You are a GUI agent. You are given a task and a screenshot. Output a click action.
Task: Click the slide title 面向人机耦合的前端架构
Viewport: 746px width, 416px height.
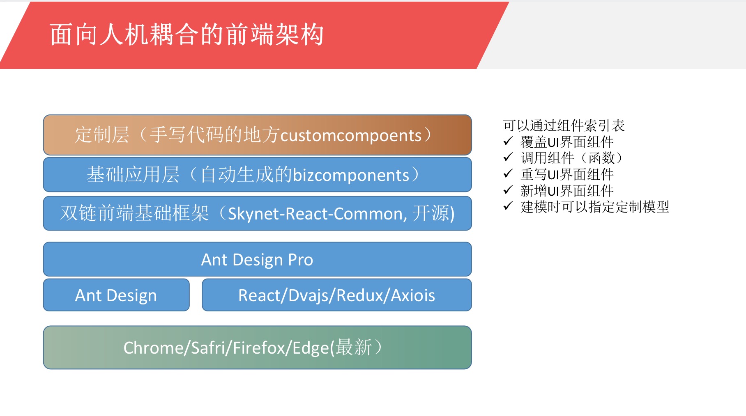[187, 34]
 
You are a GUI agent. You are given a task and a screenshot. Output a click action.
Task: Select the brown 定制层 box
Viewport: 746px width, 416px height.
[257, 135]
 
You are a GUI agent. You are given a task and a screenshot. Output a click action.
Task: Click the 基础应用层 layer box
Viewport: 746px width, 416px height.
[257, 175]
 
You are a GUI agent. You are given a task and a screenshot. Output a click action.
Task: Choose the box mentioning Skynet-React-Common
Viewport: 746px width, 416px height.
[257, 213]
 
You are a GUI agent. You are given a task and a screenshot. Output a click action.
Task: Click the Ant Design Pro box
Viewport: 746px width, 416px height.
[257, 259]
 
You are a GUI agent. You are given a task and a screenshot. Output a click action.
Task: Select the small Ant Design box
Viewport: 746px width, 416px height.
[116, 295]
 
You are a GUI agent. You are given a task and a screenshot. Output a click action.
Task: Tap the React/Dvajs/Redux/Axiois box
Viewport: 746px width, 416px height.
[337, 295]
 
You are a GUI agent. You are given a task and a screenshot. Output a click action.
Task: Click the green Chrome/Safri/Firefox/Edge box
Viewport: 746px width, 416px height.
[257, 347]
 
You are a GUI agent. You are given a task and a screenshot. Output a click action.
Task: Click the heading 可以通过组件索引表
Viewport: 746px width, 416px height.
[564, 126]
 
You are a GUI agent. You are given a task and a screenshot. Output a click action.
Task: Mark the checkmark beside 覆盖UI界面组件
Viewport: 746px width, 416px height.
[508, 141]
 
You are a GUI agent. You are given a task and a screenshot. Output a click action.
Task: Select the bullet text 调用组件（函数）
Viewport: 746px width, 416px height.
[572, 158]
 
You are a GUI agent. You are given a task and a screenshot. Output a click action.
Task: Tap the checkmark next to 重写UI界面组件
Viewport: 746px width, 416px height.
[508, 174]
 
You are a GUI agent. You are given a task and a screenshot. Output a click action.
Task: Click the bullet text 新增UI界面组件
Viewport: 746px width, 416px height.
[567, 191]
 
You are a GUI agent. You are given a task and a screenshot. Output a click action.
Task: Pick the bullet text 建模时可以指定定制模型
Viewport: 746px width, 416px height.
[595, 207]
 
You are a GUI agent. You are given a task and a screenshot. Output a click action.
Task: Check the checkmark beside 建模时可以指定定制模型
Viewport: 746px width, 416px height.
[508, 206]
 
